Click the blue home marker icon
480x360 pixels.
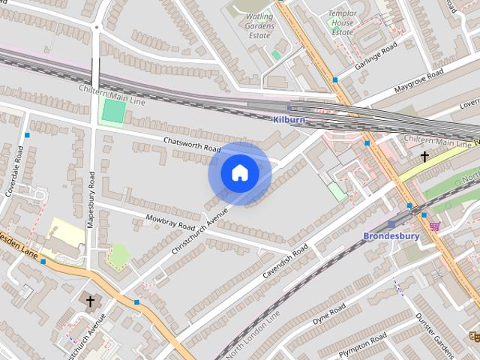pyautogui.click(x=240, y=173)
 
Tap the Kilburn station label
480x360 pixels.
pyautogui.click(x=289, y=119)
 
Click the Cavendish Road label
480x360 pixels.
pyautogui.click(x=286, y=261)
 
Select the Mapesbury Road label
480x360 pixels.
pyautogui.click(x=91, y=199)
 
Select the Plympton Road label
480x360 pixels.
pyautogui.click(x=364, y=343)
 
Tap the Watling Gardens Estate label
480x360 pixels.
pyautogui.click(x=260, y=25)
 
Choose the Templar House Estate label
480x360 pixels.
pyautogui.click(x=342, y=22)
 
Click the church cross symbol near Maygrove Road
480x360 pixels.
pyautogui.click(x=424, y=157)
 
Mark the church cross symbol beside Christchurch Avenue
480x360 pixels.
pyautogui.click(x=91, y=301)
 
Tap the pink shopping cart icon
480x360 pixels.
pyautogui.click(x=434, y=225)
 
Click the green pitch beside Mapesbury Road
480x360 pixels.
pyautogui.click(x=113, y=112)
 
